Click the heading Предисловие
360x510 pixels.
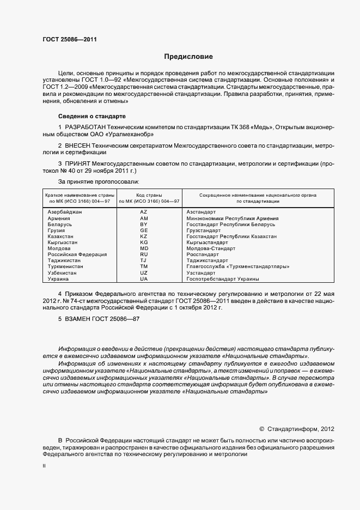(x=188, y=57)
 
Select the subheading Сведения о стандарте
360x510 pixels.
(x=91, y=116)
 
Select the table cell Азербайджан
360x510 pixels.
(x=65, y=211)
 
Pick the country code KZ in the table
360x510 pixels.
(x=144, y=236)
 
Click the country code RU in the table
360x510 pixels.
(x=144, y=254)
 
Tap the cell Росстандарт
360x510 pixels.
(x=203, y=254)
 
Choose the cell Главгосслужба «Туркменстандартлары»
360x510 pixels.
(x=237, y=266)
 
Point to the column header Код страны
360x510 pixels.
(x=144, y=195)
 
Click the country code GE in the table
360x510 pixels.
(x=144, y=230)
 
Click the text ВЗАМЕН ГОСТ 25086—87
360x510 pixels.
(x=99, y=319)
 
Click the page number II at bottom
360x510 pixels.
(x=44, y=466)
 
